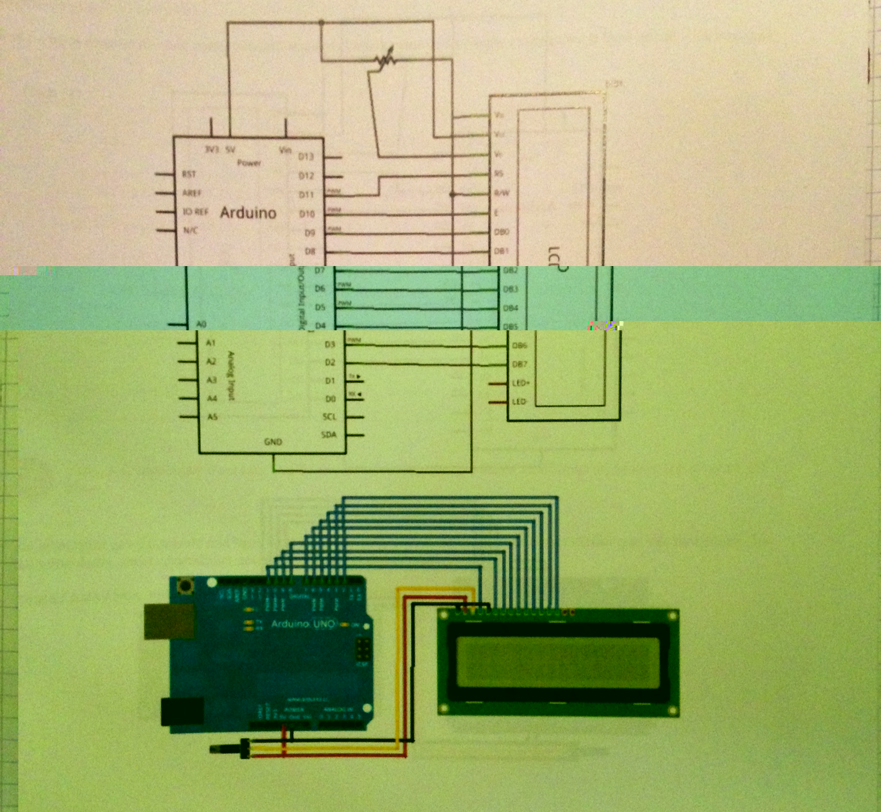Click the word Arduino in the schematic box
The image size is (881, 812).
click(248, 213)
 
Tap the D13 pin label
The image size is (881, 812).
click(306, 157)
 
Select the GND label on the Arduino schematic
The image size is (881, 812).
click(273, 442)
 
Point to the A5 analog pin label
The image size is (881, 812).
click(212, 416)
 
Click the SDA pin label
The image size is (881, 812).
click(329, 435)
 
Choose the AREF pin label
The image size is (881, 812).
click(192, 193)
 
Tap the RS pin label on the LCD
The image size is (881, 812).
click(498, 173)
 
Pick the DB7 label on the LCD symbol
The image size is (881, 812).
click(519, 364)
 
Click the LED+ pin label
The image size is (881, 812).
click(521, 382)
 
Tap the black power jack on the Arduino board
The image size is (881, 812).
click(182, 712)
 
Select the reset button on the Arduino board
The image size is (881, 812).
click(185, 586)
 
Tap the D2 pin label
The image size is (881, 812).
click(330, 362)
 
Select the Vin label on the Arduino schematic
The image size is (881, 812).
click(285, 150)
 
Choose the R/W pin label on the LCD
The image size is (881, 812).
click(502, 193)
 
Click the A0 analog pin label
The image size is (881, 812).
click(201, 324)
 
